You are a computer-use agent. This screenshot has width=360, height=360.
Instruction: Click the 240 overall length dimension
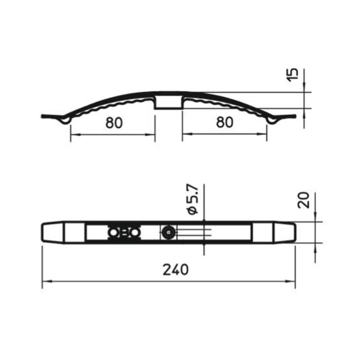(175, 270)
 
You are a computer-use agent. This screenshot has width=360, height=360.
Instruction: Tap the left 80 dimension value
(114, 122)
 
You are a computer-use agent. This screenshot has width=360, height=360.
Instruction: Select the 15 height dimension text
(292, 75)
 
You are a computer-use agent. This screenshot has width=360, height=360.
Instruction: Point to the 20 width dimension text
(303, 200)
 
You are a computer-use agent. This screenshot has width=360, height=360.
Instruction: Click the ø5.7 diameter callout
(193, 199)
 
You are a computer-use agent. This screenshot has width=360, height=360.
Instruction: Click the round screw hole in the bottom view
(169, 233)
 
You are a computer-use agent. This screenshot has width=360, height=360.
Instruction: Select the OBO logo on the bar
(124, 233)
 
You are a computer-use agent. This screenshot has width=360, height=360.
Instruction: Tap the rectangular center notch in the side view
(169, 103)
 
